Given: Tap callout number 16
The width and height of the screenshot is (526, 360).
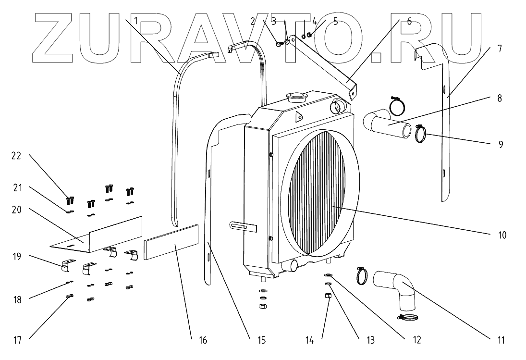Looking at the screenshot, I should coord(202,341).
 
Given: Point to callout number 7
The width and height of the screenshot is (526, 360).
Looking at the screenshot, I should coord(500,49).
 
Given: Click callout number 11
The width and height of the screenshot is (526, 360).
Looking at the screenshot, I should coord(501,341).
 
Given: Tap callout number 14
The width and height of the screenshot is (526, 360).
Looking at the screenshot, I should coord(310,341).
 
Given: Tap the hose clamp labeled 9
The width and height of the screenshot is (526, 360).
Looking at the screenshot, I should coord(421,135).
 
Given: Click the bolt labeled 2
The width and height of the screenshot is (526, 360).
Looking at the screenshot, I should coord(278,44).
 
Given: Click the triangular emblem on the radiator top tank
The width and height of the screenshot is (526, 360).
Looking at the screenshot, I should coord(298,115).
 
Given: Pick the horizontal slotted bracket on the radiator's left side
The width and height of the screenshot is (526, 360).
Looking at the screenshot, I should coord(243,225).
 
